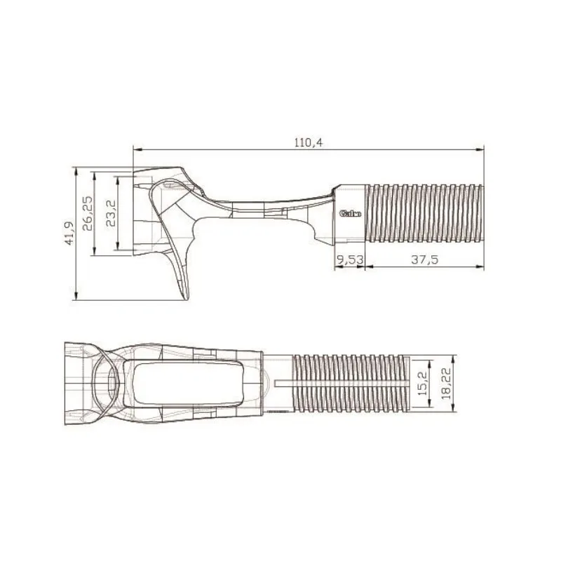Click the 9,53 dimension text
coord(350,259)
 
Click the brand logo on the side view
coord(349,214)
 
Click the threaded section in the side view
coord(424,213)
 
